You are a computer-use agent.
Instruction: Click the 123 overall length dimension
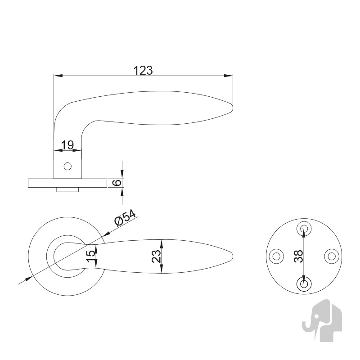pyautogui.click(x=143, y=71)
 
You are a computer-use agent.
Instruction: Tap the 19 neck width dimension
pyautogui.click(x=67, y=145)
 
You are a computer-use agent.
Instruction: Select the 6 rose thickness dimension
pyautogui.click(x=117, y=183)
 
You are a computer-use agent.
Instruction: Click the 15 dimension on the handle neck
pyautogui.click(x=91, y=256)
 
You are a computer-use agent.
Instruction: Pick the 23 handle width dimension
pyautogui.click(x=156, y=256)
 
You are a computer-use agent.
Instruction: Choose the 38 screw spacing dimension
pyautogui.click(x=298, y=256)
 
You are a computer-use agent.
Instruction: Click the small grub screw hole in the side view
pyautogui.click(x=67, y=166)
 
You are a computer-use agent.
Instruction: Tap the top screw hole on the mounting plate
pyautogui.click(x=304, y=229)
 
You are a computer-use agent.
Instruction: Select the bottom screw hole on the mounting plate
pyautogui.click(x=304, y=284)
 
